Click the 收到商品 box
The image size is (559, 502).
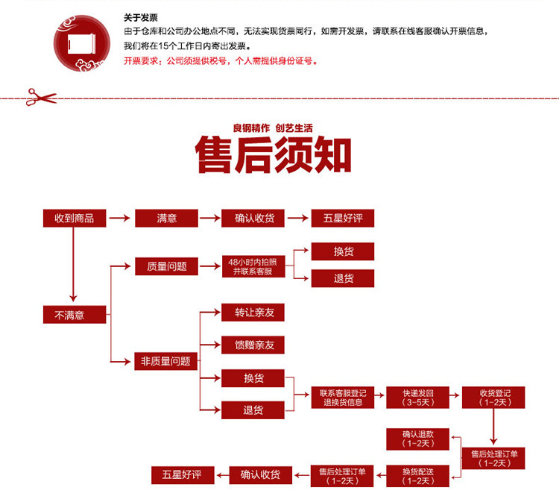tap(74, 218)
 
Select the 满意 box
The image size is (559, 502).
tap(166, 218)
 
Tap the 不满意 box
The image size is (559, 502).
tap(74, 315)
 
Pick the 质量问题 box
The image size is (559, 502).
tap(166, 266)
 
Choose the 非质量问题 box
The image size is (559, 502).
tap(166, 361)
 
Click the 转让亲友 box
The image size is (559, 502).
tap(253, 313)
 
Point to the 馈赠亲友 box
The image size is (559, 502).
tap(253, 345)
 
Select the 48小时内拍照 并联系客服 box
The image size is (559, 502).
tap(253, 266)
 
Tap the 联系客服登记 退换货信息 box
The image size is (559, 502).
tap(342, 397)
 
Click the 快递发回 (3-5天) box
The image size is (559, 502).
tap(417, 397)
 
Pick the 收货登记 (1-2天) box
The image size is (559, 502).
tap(493, 397)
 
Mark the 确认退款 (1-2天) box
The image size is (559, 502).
tap(417, 439)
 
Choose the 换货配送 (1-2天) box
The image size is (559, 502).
tap(417, 475)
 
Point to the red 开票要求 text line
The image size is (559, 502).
tap(221, 61)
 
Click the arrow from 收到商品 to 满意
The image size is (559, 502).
tap(119, 219)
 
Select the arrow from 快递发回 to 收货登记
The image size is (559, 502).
tap(455, 397)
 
